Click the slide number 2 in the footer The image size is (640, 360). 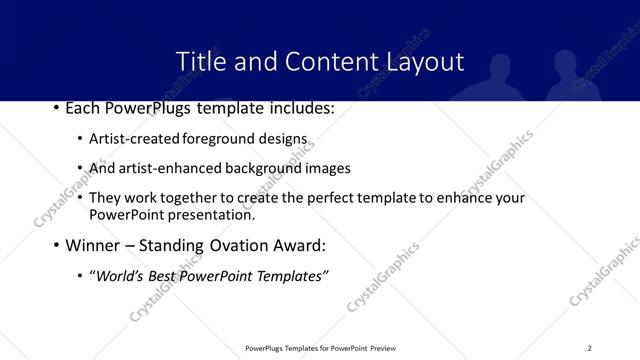click(x=590, y=348)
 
